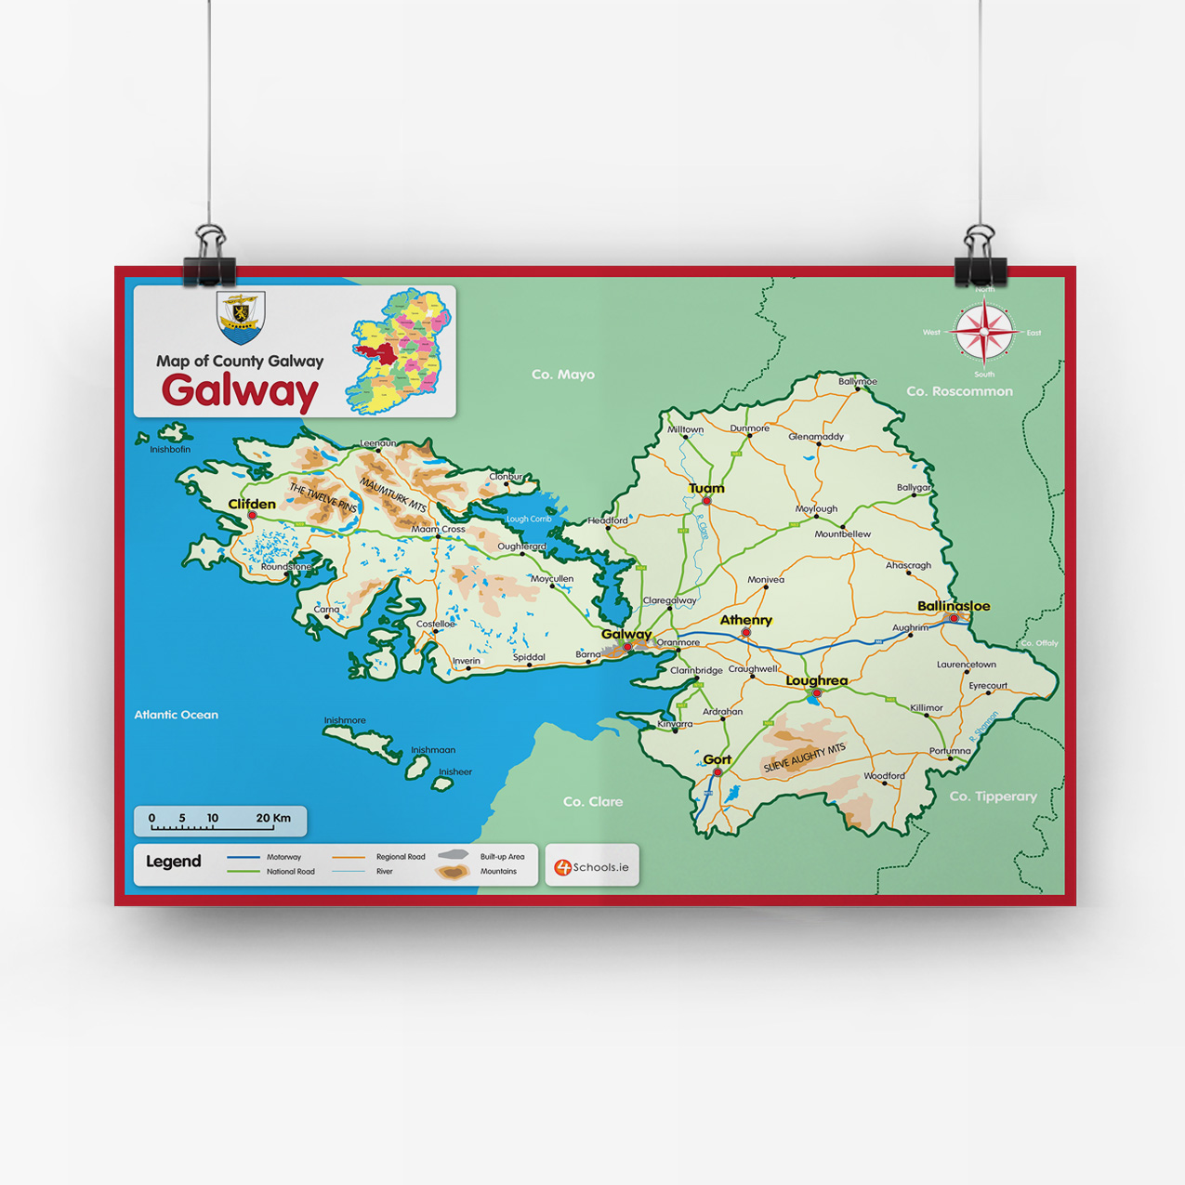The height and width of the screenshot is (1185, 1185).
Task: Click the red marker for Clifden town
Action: point(252,515)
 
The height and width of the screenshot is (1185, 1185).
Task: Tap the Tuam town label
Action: point(706,488)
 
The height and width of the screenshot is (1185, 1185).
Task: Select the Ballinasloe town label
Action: point(954,606)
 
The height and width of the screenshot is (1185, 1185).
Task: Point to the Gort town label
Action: point(717,759)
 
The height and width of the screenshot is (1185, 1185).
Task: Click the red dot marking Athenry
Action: point(745,633)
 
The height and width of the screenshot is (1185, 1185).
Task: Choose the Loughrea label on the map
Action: point(816,680)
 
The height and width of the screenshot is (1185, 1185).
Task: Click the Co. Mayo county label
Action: point(562,375)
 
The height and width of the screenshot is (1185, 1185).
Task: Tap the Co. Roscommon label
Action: point(959,391)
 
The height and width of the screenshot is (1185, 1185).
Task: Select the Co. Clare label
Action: point(593,801)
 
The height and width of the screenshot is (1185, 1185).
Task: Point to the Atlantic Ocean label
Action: point(176,715)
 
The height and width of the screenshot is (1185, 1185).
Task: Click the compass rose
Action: point(983,332)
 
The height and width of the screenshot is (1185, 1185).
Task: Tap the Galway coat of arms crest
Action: point(241,317)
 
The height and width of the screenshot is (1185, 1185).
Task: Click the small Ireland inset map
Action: point(400,350)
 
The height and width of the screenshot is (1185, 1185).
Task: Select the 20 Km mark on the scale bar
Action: point(273,819)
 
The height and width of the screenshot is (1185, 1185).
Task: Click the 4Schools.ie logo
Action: point(592,867)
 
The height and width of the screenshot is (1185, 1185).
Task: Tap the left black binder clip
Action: point(209,257)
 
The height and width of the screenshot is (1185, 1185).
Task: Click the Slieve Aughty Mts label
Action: point(804,758)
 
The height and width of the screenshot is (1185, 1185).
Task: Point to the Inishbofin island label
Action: point(170,450)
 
